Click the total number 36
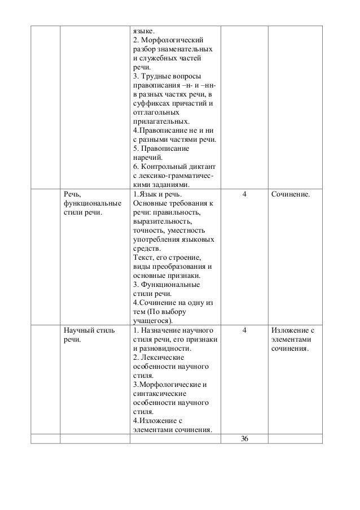(x=244, y=441)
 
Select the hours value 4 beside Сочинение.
(x=244, y=195)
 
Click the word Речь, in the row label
(x=72, y=195)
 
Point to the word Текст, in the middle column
(x=143, y=258)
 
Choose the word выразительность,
(x=160, y=222)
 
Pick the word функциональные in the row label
(x=90, y=204)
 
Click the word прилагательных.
(x=161, y=122)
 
